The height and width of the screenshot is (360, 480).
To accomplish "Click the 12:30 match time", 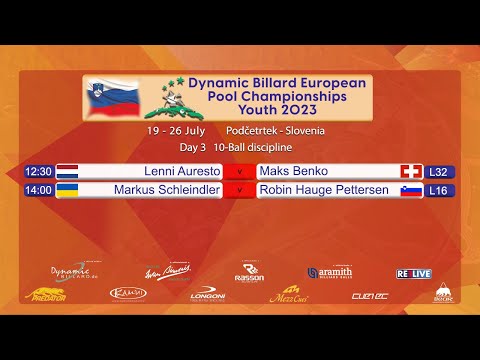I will (38, 171).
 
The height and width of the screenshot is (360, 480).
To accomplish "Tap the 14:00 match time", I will (38, 190).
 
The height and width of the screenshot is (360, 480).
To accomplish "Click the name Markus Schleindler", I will (166, 190).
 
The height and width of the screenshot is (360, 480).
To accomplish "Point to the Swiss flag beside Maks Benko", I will (411, 171).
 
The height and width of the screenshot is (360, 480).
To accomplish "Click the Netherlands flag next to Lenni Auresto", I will (68, 171).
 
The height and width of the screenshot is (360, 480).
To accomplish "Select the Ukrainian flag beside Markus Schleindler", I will (68, 190).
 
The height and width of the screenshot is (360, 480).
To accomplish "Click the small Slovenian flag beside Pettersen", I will (411, 190).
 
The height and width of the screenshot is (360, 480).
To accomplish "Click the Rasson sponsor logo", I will (248, 272).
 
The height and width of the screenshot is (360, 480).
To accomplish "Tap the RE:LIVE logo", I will (413, 272).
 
